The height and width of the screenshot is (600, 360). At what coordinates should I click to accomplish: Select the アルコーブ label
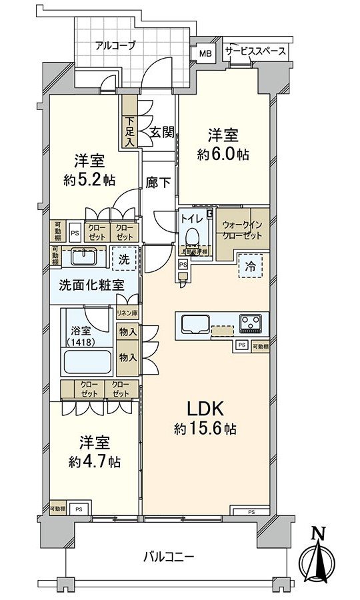[115, 46]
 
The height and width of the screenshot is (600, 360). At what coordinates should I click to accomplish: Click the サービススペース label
[255, 51]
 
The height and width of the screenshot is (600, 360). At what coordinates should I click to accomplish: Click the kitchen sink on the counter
[194, 325]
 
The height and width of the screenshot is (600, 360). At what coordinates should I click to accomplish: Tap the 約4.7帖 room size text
[93, 461]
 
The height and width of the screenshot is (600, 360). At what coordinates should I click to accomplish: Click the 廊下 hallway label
[157, 182]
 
